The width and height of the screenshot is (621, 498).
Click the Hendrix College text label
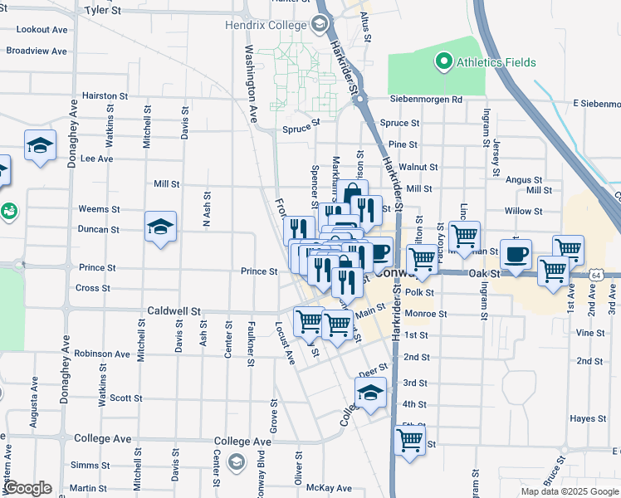[266, 25]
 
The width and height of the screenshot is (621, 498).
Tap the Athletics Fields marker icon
[443, 61]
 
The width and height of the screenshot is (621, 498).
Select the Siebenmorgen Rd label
[428, 100]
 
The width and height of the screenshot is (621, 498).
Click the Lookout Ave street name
[42, 29]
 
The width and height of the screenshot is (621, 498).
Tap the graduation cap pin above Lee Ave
[40, 146]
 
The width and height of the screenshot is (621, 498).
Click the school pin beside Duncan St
[160, 227]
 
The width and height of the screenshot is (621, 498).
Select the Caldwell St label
[174, 311]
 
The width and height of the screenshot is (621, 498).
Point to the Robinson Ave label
[102, 354]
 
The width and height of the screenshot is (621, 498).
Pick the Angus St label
[524, 179]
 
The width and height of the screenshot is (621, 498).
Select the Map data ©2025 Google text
[569, 491]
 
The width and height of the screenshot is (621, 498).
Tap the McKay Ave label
[329, 488]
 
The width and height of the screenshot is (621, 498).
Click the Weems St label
[99, 209]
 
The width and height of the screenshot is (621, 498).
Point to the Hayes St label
[586, 419]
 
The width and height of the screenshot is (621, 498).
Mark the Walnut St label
[418, 167]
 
